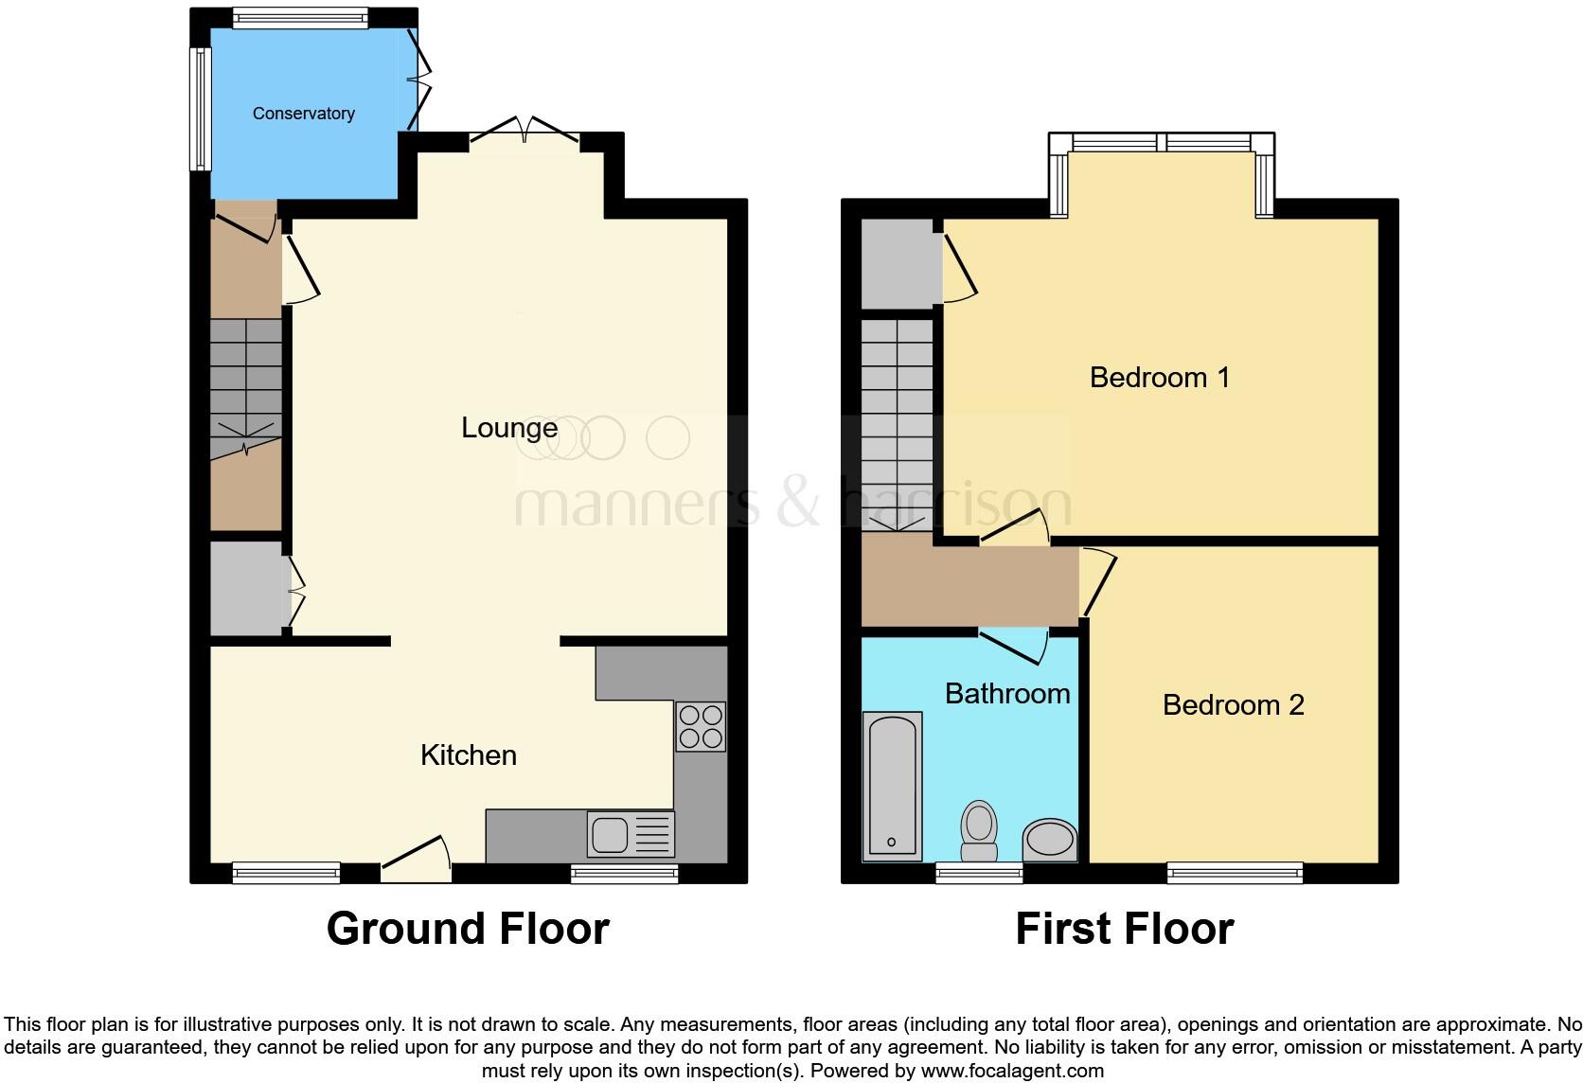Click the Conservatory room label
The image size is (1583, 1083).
click(x=303, y=114)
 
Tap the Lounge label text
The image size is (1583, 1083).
click(x=508, y=428)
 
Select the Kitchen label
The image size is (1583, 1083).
click(x=468, y=755)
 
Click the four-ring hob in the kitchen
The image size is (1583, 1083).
click(x=701, y=726)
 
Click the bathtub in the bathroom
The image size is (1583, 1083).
click(x=892, y=786)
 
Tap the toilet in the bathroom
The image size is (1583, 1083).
click(x=978, y=831)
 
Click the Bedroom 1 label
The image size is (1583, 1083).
click(x=1159, y=378)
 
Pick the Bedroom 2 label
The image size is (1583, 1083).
click(x=1233, y=705)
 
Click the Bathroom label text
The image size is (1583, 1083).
click(x=1007, y=694)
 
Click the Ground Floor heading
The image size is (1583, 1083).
click(x=468, y=929)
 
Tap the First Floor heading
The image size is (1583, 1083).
click(x=1124, y=929)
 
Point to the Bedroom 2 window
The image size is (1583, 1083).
click(x=1235, y=873)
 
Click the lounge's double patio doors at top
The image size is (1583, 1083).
click(x=525, y=133)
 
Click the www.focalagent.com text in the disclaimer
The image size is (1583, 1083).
click(x=1012, y=1072)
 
